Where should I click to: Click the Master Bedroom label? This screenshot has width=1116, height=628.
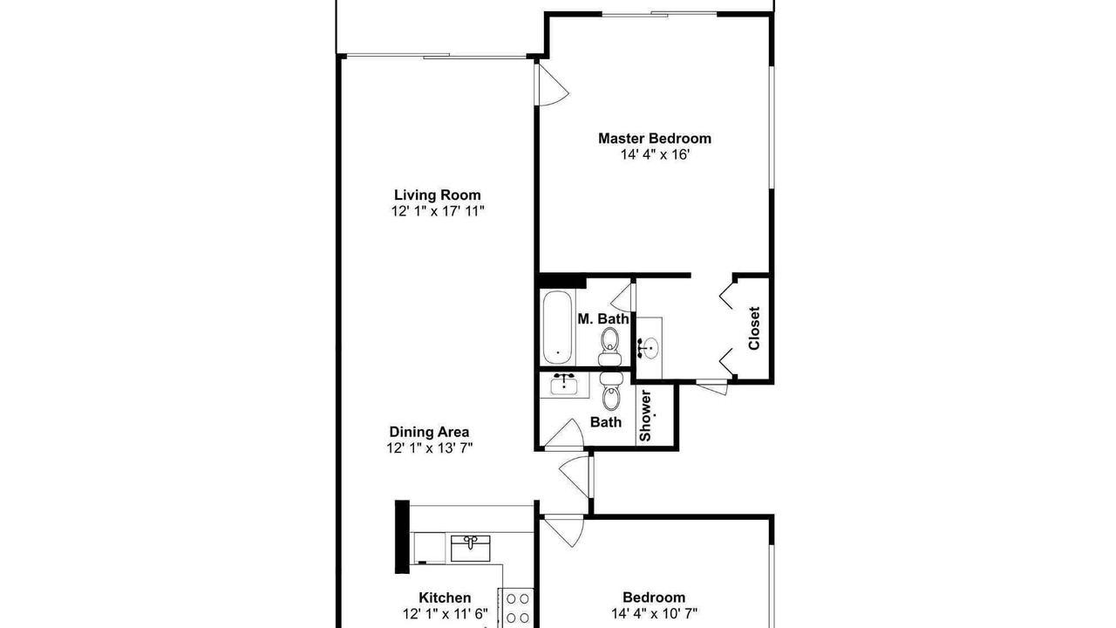654,138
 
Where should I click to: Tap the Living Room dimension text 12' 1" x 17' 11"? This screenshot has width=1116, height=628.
438,211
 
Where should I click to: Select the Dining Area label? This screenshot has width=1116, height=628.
429,432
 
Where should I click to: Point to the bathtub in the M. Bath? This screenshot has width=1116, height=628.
557,327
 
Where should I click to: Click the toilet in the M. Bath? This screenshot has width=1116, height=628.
609,347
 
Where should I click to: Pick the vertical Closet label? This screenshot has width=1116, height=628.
754,328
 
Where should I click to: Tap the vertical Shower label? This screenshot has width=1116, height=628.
645,416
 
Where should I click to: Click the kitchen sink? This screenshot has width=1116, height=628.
470,549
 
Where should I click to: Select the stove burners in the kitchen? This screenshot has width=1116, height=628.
517,608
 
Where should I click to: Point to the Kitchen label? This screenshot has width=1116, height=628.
445,597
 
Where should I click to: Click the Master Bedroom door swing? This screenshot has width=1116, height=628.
552,85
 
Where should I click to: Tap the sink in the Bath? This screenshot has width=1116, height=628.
563,384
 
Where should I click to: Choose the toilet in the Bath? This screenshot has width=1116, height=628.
611,392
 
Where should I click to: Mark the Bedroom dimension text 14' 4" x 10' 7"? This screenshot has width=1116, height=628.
654,613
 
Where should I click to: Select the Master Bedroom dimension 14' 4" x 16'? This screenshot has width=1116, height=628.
655,154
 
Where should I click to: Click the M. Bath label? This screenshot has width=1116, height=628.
602,319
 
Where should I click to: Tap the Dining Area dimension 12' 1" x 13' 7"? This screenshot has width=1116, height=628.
430,448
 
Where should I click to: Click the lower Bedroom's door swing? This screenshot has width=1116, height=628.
565,532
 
